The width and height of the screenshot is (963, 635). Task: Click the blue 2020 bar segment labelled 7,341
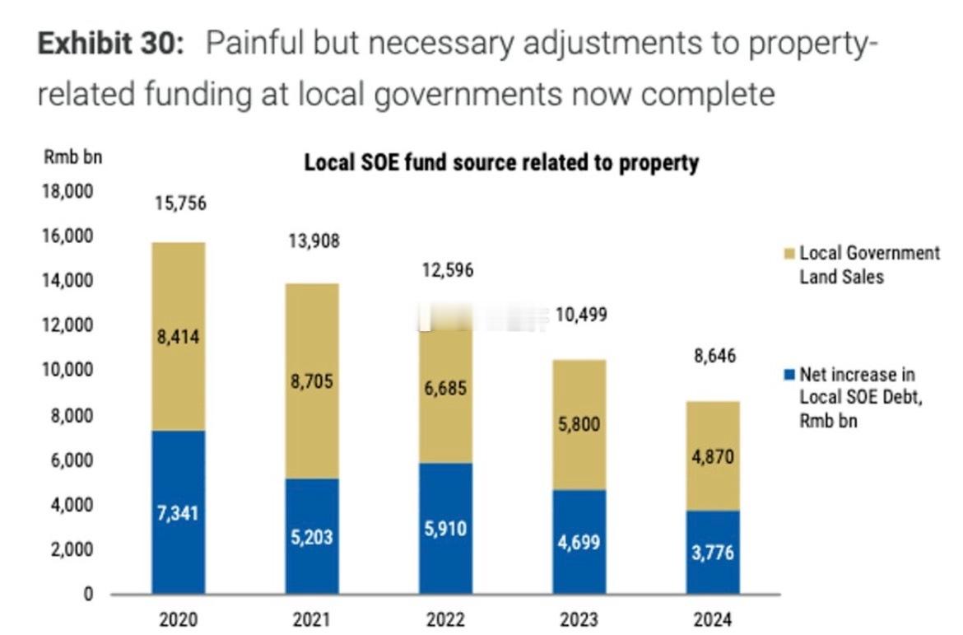coord(179,511)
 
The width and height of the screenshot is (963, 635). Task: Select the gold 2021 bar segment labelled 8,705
coord(312,381)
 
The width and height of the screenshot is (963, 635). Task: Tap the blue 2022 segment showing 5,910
coord(446,528)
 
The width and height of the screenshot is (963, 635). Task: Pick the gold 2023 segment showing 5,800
coord(579,425)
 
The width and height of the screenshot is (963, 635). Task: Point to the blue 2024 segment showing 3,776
coord(713,551)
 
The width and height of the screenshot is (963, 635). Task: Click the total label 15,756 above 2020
coord(180,203)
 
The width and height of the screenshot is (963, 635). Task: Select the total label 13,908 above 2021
coord(313,241)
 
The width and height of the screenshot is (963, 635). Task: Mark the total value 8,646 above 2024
coord(713,357)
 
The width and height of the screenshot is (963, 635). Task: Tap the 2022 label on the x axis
coord(446,620)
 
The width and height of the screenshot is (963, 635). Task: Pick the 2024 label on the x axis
coord(713,620)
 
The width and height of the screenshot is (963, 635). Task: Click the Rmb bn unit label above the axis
coord(72,157)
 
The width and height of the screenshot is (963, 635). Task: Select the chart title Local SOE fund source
coord(501,162)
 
